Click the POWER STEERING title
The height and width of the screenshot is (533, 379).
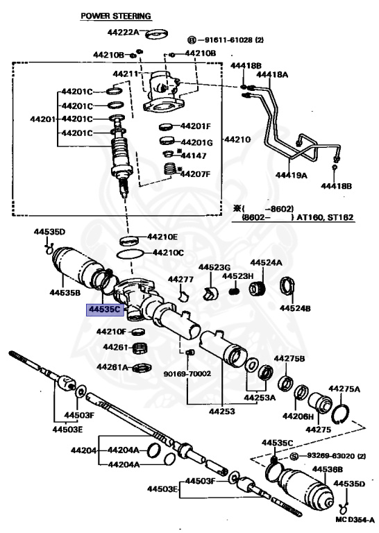(115, 16)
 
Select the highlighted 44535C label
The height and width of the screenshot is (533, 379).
(105, 310)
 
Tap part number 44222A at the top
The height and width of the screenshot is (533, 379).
(123, 33)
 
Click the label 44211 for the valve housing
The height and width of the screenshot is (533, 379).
(125, 74)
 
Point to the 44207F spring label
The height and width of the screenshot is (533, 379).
(195, 174)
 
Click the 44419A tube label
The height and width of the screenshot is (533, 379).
(291, 175)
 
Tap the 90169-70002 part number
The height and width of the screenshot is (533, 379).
(187, 373)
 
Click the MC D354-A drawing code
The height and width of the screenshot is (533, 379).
(355, 520)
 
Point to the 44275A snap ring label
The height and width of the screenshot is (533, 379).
(344, 389)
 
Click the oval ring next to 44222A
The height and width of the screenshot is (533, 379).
(157, 35)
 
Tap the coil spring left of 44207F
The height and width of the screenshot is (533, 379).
(169, 169)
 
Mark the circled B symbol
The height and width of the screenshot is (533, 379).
(192, 40)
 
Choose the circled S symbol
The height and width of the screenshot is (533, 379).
(295, 456)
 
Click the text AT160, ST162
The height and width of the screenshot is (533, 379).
(325, 217)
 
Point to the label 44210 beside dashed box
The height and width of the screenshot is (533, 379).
(237, 139)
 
